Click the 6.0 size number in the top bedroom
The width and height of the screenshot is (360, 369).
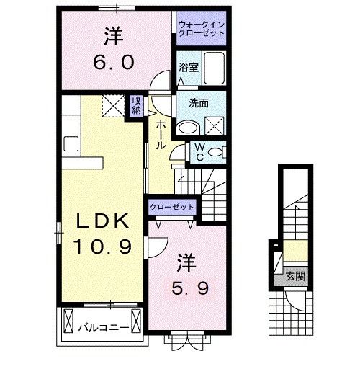tap(113, 62)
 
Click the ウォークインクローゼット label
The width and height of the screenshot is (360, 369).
tap(201, 29)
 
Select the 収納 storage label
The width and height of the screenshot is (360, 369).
tap(136, 105)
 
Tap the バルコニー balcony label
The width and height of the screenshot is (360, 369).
tap(104, 327)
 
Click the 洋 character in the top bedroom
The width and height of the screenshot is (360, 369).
tap(113, 34)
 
